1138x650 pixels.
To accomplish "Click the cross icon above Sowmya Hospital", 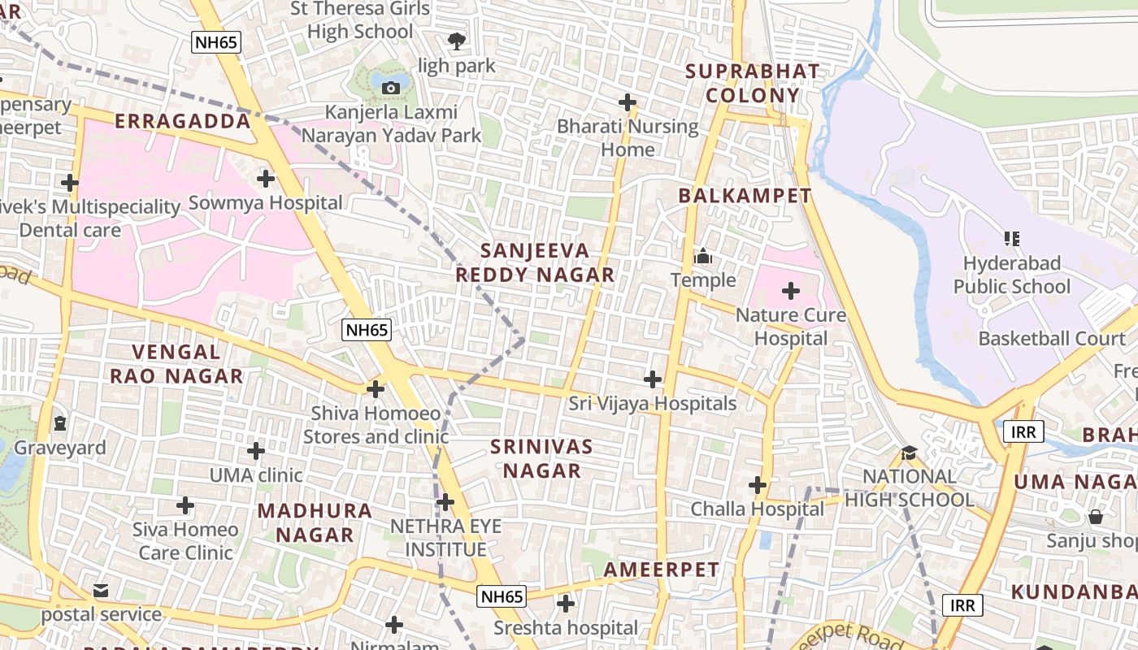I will tap(265, 179).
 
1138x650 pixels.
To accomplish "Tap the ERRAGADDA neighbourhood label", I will tap(183, 122).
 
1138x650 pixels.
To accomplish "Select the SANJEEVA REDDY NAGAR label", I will tap(535, 262).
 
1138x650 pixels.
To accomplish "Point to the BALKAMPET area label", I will tap(745, 196).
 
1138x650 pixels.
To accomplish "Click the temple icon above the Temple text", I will tap(703, 258).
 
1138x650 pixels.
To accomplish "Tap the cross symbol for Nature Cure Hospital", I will tap(790, 291).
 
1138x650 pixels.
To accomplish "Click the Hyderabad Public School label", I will tap(1012, 275).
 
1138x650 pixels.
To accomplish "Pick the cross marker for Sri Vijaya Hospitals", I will tap(652, 379).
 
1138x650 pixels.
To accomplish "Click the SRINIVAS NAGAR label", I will tap(542, 458).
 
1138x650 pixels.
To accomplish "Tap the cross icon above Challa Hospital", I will tap(758, 486).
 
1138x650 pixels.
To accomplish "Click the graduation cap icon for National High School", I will tap(909, 453).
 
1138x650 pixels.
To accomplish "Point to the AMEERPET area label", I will tap(662, 570).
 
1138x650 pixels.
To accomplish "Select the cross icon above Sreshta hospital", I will tap(566, 604).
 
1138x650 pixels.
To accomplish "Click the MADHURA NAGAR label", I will tap(315, 522).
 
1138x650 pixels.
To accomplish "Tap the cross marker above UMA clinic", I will tap(256, 451).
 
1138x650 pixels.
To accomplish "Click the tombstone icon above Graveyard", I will tap(60, 423).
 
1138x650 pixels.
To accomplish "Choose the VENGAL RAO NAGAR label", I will tap(176, 364).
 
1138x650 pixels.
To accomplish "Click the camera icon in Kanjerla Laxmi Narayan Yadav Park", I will tap(391, 88).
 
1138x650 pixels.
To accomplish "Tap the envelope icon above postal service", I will tap(101, 591).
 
